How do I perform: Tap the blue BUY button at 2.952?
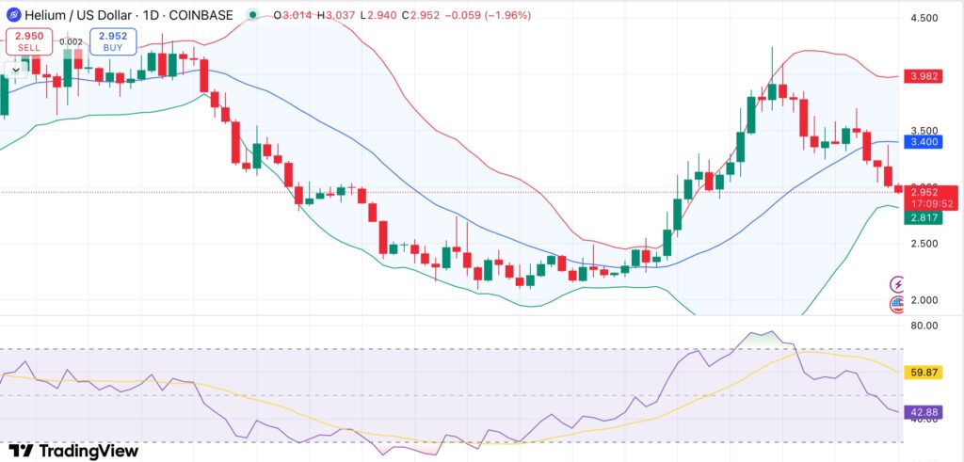114,41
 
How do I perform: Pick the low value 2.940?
396,15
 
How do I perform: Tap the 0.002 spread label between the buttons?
70,41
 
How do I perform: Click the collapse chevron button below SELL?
15,68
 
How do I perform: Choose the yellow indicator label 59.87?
922,373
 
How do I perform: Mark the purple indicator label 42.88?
922,412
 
